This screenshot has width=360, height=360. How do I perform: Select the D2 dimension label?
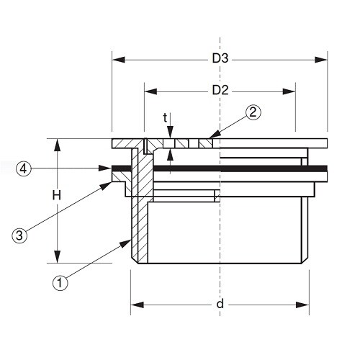click(220, 91)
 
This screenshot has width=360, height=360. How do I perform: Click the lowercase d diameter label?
click(220, 305)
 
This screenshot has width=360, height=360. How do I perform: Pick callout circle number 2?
click(252, 112)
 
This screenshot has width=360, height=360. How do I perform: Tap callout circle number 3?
click(19, 234)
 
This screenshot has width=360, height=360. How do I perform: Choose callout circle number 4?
click(24, 168)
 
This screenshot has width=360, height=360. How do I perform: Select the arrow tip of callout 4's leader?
click(111, 168)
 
